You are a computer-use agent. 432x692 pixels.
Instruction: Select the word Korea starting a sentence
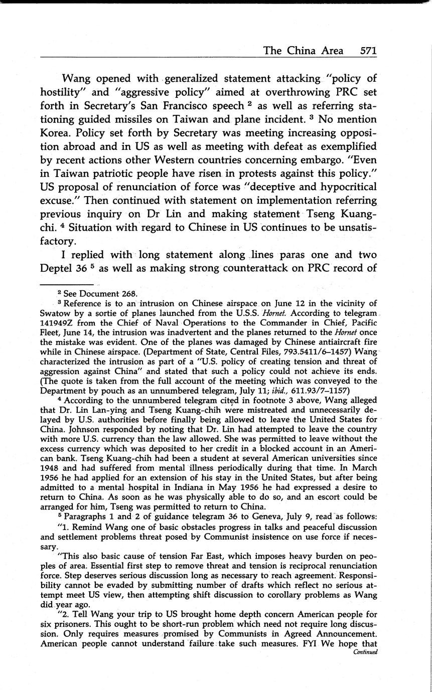coord(57,133)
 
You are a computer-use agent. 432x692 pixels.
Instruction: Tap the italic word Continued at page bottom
coord(365,652)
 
